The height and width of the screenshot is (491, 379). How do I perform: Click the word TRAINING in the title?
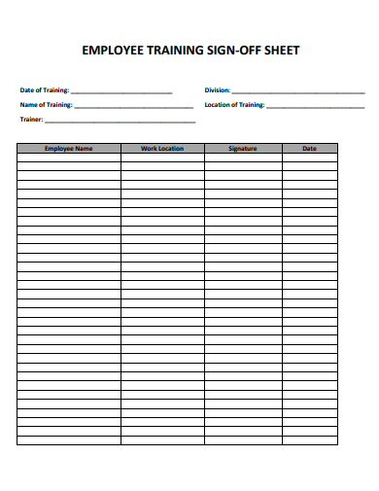point(171,51)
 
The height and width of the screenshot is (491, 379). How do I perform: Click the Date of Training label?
point(45,90)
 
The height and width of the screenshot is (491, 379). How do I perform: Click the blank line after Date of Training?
point(121,91)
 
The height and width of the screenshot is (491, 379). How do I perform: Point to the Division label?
point(218,90)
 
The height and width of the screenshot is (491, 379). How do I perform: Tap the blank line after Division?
point(298,91)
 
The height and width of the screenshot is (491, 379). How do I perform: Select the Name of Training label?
point(47,105)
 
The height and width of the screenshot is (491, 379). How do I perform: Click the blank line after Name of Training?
point(134,106)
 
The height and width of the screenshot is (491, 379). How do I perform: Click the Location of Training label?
point(234,105)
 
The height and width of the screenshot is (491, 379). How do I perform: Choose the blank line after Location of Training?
point(316,106)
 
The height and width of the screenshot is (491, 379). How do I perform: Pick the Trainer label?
point(31,120)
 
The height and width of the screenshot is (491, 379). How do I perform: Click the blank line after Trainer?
point(120,122)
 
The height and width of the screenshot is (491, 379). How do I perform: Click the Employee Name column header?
point(69,149)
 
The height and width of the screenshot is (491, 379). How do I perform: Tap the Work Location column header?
point(162,149)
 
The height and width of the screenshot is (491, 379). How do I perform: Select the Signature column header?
point(243,149)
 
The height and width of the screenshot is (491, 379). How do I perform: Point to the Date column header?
point(309,149)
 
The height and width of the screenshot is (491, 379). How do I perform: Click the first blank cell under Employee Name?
point(69,158)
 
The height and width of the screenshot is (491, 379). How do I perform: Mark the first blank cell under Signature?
point(243,158)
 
